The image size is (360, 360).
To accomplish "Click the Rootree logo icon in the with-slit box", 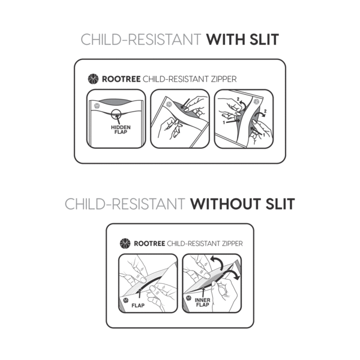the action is point(93,79).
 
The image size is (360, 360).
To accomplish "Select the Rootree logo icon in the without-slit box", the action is point(125,244).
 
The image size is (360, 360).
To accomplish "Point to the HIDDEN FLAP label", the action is point(121,130).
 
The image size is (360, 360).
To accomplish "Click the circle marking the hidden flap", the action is point(116,114).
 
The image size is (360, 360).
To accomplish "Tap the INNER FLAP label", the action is point(203,302).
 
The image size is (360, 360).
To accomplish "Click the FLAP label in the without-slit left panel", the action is point(138,305).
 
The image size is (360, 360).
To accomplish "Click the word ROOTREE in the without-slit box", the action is point(149,244).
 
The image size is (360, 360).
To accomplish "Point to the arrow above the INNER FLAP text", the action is point(203,292).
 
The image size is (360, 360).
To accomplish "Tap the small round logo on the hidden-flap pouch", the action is point(97,106).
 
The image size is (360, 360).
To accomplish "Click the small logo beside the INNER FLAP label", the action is point(188,298).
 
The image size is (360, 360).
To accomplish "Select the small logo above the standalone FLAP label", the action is point(125,300).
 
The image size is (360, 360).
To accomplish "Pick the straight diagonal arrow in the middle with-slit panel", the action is point(185,104).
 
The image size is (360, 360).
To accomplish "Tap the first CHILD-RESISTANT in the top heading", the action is point(141,40).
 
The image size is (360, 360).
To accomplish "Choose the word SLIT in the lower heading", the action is point(280,204).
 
